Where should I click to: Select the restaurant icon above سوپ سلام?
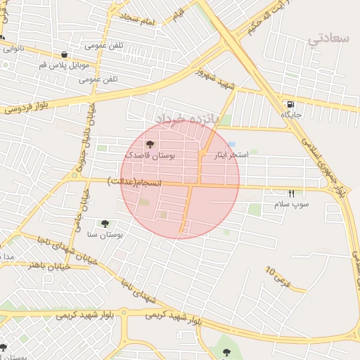[x=291, y=193]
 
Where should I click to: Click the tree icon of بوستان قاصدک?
[x=149, y=143]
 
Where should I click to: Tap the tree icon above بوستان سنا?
[x=105, y=224]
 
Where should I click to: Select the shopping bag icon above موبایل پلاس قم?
[x=65, y=54]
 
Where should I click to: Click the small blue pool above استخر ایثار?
[x=231, y=144]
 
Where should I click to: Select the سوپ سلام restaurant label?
[x=292, y=204]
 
